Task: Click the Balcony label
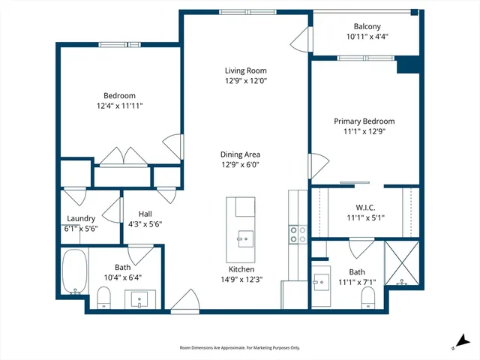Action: click(x=367, y=26)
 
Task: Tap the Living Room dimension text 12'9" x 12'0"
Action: click(x=246, y=81)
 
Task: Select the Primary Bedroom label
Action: click(x=364, y=121)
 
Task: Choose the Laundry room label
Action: click(x=81, y=219)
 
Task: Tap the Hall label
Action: click(x=145, y=214)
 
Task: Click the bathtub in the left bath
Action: click(x=73, y=271)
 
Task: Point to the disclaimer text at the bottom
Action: click(x=240, y=348)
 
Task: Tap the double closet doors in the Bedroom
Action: click(x=120, y=156)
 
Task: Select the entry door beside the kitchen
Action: click(x=184, y=302)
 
